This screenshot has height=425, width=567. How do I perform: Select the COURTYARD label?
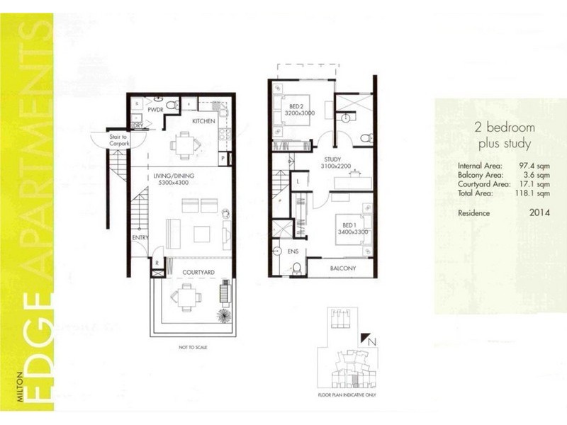click(x=198, y=272)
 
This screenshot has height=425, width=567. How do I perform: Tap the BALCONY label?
click(x=342, y=269)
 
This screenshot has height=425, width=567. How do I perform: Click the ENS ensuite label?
click(x=293, y=251)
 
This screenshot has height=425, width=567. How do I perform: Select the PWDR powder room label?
click(x=155, y=110)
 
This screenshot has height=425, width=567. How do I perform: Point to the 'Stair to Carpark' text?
click(x=108, y=140)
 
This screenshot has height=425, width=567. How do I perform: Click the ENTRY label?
click(x=140, y=237)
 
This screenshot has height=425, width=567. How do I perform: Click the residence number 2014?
click(x=539, y=211)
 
